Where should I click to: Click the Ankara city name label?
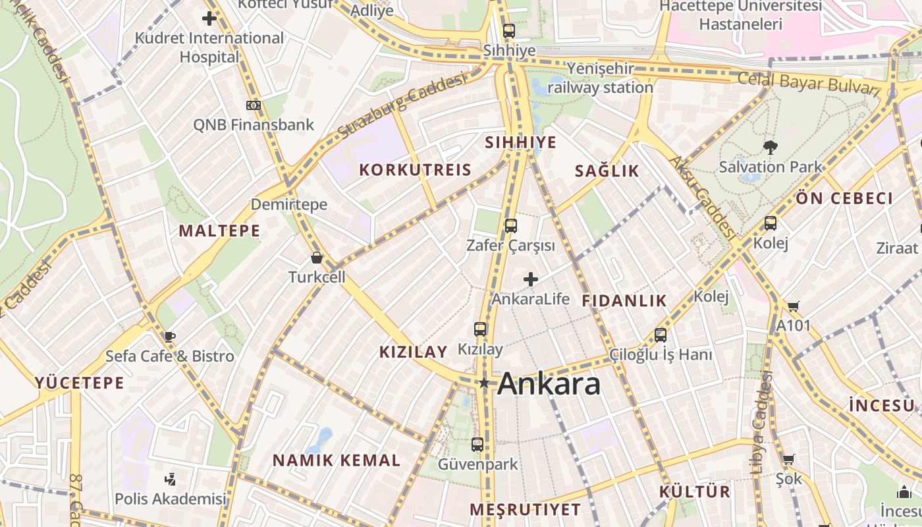(549, 384)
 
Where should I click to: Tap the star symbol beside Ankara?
(485, 383)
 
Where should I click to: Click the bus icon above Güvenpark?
(477, 445)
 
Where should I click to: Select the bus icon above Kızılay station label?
(480, 329)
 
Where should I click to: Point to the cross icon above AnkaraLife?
(531, 279)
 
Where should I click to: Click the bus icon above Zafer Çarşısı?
(510, 226)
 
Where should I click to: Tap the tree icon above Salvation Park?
(770, 147)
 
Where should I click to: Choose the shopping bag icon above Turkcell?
(317, 258)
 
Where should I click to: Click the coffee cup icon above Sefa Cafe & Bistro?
(170, 337)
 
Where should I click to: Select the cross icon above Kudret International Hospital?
(209, 18)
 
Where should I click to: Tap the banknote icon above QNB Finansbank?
(254, 105)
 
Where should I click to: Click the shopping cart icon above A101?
(793, 306)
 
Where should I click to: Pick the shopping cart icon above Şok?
(788, 459)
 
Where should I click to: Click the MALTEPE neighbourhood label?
(219, 231)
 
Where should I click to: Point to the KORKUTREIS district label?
(415, 170)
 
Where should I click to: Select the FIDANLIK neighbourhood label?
(624, 301)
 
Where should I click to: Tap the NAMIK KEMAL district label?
(337, 460)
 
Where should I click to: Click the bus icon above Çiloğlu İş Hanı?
(661, 335)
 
